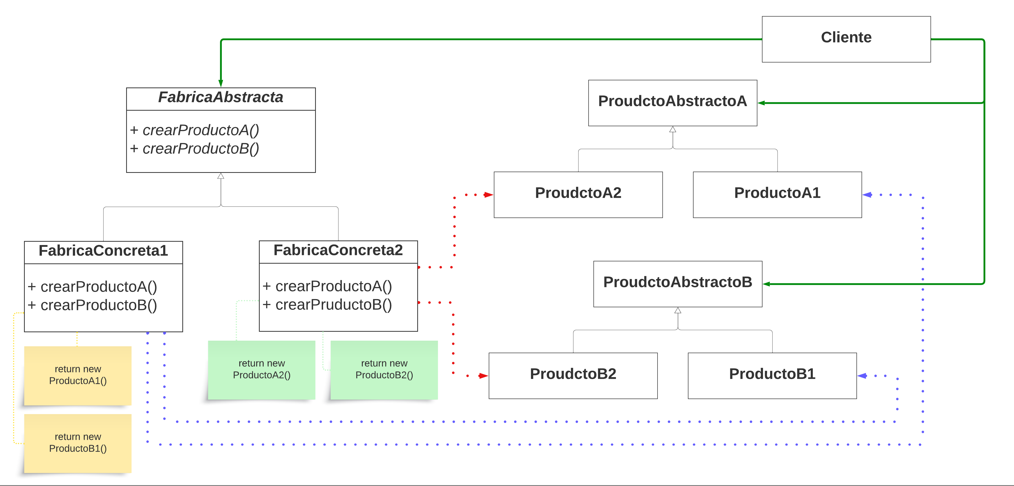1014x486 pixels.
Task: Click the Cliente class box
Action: point(846,39)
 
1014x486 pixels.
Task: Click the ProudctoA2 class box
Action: point(578,194)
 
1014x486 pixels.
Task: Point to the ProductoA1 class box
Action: point(777,194)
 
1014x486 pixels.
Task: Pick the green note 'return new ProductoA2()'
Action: point(261,370)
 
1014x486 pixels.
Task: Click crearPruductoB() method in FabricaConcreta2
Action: point(328,305)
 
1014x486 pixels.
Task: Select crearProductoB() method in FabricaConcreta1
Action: point(92,305)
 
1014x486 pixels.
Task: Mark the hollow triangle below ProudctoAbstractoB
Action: point(677,311)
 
